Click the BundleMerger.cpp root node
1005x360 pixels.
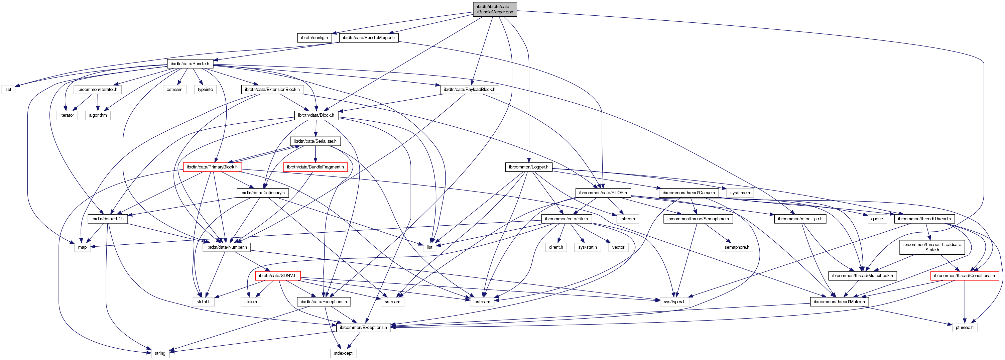[495, 9]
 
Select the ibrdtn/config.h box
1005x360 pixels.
[314, 38]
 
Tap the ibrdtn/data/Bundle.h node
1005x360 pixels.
[190, 64]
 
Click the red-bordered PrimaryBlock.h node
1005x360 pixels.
[212, 167]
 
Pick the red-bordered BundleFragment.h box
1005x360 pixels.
[315, 167]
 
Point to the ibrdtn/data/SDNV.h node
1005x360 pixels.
[278, 276]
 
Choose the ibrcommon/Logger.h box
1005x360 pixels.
[528, 167]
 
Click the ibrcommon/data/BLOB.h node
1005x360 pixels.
[603, 193]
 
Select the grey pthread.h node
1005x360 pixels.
[965, 328]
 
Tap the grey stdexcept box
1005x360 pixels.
[343, 353]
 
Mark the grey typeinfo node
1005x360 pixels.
[205, 90]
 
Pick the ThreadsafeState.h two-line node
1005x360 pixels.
[932, 247]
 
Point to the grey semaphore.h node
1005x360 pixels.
[737, 247]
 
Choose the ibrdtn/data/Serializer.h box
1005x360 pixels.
[315, 141]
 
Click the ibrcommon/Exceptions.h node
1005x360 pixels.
[363, 328]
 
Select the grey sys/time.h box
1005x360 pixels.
[740, 193]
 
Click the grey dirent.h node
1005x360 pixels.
[556, 247]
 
